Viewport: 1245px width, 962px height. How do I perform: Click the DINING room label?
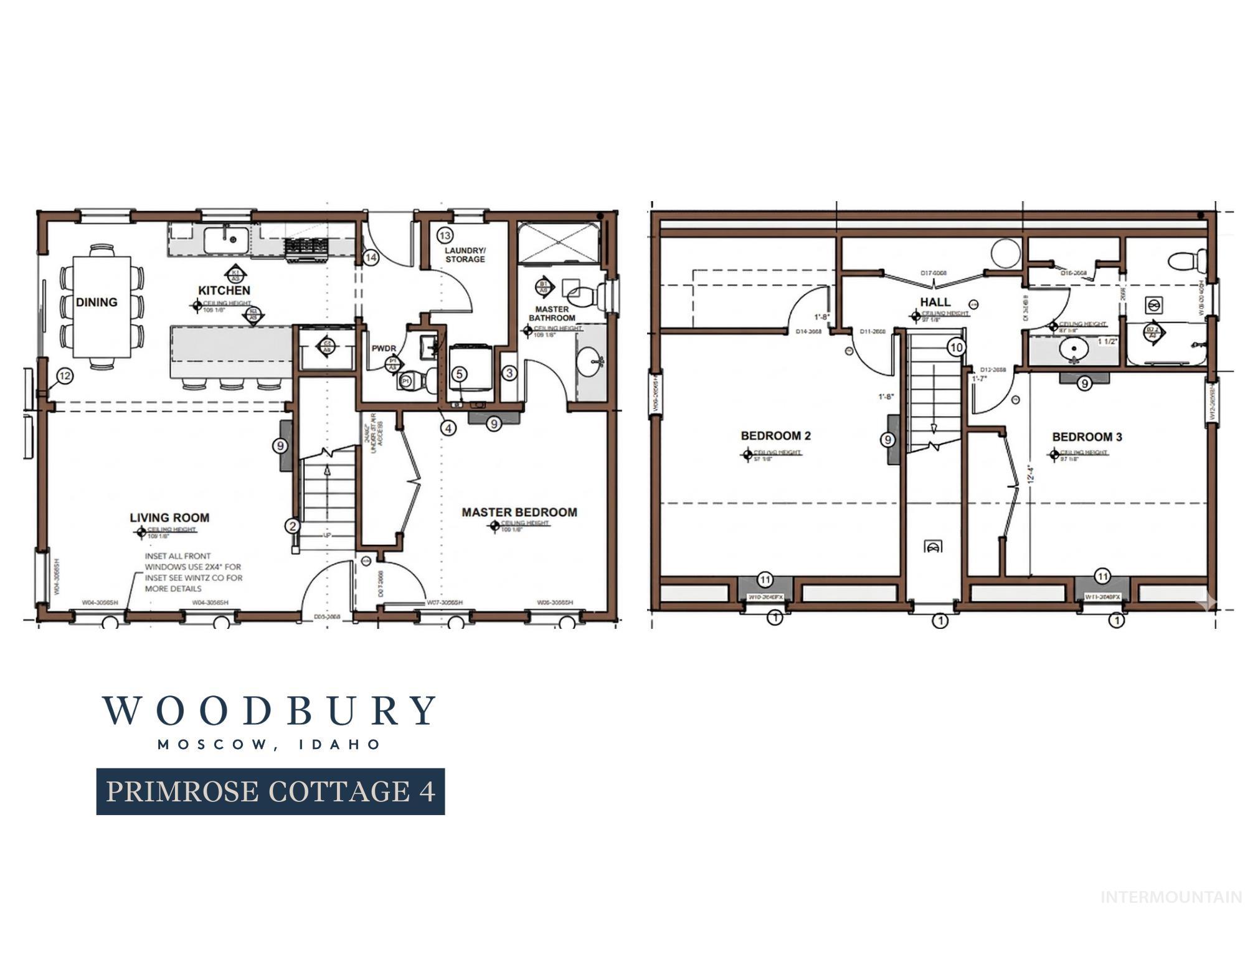[97, 302]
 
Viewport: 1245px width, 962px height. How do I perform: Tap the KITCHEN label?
[224, 290]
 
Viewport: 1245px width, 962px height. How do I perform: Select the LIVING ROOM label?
[169, 517]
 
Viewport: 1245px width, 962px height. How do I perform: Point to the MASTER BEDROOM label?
[519, 512]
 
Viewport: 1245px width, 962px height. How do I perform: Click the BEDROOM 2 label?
[775, 436]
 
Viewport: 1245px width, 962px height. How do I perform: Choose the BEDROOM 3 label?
[1087, 437]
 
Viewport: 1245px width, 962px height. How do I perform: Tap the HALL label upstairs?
[935, 302]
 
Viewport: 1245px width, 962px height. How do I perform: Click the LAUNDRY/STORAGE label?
[465, 255]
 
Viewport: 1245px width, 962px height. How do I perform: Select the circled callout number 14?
[371, 257]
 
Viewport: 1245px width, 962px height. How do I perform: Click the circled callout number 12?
[65, 375]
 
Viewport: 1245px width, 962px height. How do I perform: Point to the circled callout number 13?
[444, 235]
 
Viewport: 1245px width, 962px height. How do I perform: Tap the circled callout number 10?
[957, 347]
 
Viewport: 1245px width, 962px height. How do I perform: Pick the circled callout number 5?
[459, 374]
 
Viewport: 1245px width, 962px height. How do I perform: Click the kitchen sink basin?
[227, 238]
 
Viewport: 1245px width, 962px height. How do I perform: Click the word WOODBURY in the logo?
[269, 711]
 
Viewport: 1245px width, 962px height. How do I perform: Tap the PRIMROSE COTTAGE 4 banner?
[270, 791]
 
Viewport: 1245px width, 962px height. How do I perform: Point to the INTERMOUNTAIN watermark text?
[1171, 897]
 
